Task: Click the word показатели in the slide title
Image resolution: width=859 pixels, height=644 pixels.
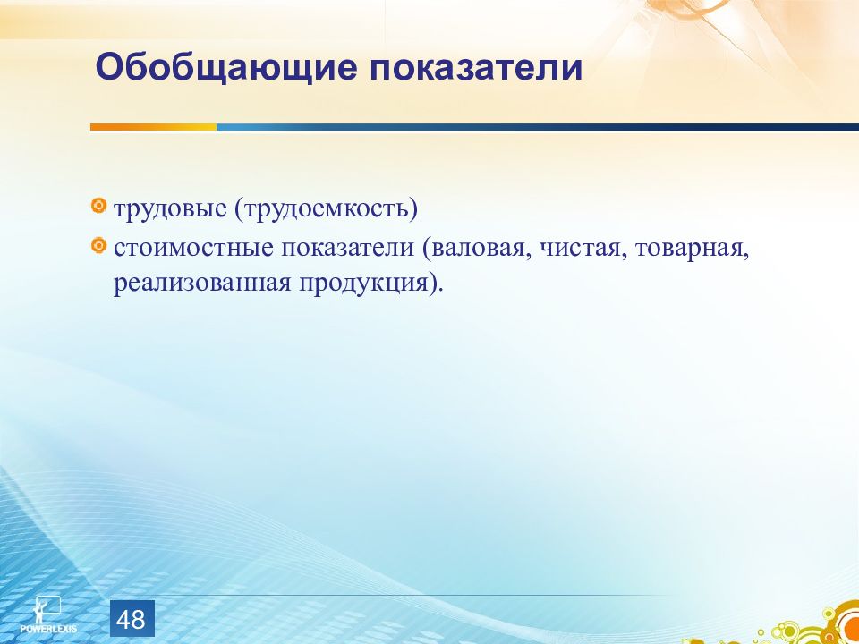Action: pos(475,68)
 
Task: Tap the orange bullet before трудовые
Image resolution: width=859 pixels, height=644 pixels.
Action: pos(98,206)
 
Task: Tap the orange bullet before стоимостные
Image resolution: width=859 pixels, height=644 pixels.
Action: pos(98,245)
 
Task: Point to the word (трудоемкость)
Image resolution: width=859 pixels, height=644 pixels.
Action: pos(326,209)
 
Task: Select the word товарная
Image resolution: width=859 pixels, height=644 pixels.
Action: pos(692,250)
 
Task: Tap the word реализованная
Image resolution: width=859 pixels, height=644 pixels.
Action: pos(202,284)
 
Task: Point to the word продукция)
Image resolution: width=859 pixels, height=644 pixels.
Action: pos(370,284)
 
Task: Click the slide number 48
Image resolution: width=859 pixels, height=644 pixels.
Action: pos(132,619)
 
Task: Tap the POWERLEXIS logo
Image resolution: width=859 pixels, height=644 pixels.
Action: pos(48,614)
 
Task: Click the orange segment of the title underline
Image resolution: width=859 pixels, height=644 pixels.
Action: pos(153,127)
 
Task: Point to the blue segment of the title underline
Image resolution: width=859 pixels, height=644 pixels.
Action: pos(538,127)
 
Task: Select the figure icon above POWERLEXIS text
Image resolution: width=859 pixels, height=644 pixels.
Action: pos(46,608)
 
